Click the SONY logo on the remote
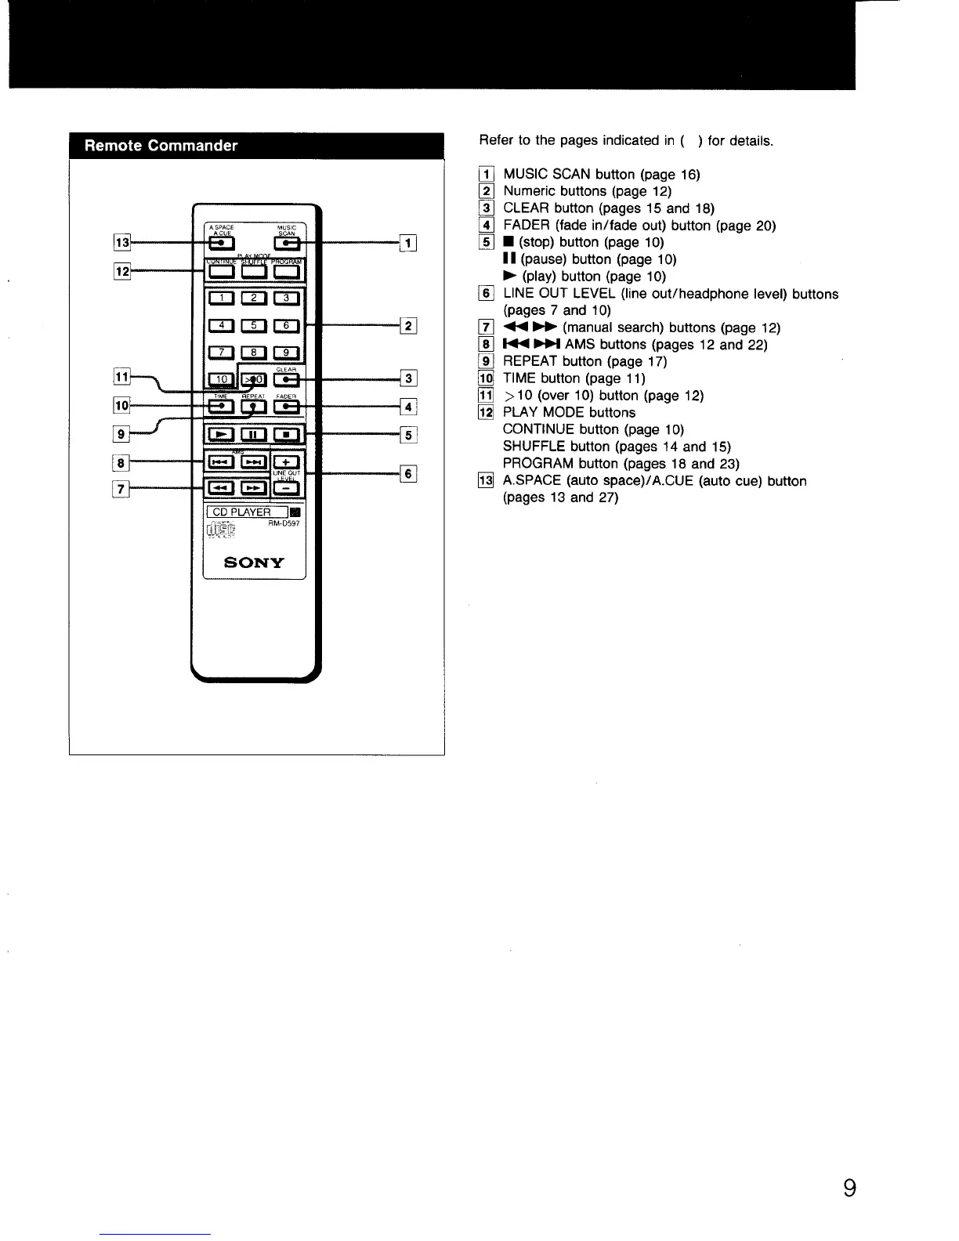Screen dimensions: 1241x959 coord(254,563)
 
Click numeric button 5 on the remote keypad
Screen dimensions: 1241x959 coord(254,326)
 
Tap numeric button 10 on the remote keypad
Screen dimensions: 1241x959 coord(221,380)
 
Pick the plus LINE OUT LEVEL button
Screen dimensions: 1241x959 coord(287,461)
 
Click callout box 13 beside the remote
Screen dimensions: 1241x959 coord(122,242)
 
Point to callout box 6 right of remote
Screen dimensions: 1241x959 coord(408,473)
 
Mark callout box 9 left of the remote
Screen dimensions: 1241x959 coord(121,433)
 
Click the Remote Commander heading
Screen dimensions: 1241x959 coord(161,146)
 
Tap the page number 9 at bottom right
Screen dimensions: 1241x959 coord(849,1189)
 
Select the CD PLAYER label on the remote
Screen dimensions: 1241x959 coord(241,512)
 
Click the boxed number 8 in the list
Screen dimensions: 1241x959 coord(487,345)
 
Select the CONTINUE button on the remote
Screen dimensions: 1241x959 coord(221,272)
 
